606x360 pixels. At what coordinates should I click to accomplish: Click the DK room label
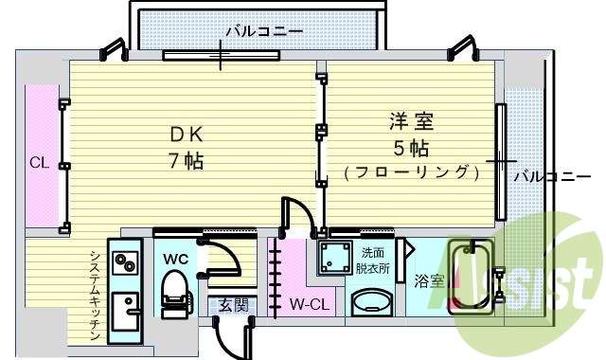click(x=186, y=134)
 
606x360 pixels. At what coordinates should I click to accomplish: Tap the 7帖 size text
click(x=186, y=159)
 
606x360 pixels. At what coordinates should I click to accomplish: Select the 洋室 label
click(x=410, y=123)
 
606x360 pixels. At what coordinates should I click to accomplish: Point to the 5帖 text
click(x=410, y=148)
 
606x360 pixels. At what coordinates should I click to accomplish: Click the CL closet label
click(x=38, y=162)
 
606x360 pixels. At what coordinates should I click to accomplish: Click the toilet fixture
click(x=173, y=288)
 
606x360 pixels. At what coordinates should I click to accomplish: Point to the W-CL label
click(x=308, y=305)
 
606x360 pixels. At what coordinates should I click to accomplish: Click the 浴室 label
click(x=429, y=280)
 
